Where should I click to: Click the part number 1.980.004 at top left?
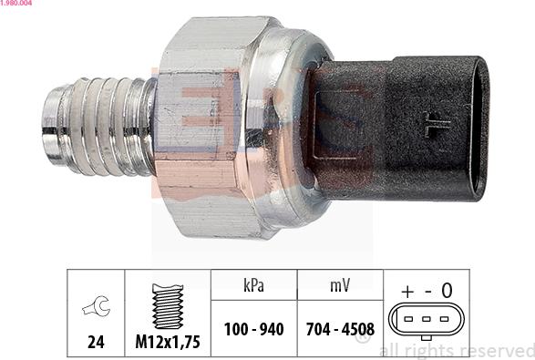coord(16,3)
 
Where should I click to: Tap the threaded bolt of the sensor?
coord(99,127)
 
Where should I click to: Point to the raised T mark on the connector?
coord(436,125)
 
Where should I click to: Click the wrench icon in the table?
coord(97,305)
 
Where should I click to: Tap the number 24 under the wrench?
coord(96,342)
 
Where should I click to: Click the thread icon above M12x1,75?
coord(168,306)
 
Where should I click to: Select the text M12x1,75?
coord(168,342)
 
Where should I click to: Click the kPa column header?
coord(254,285)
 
